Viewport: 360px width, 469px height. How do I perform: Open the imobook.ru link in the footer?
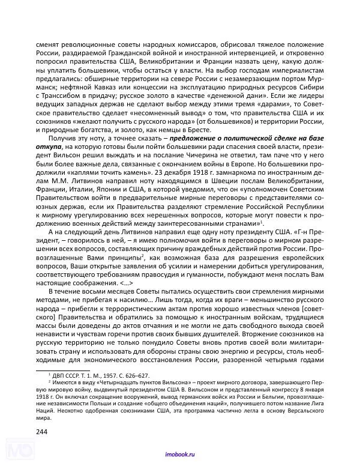point(179,455)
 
